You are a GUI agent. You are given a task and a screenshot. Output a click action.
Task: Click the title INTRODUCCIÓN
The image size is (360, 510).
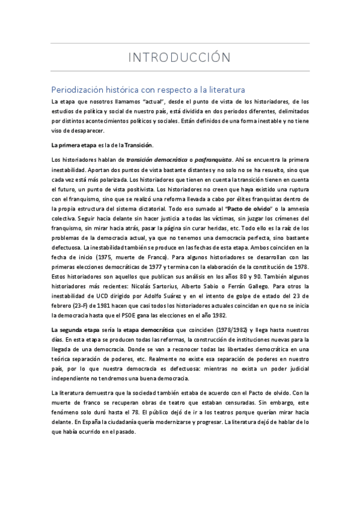[180, 58]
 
